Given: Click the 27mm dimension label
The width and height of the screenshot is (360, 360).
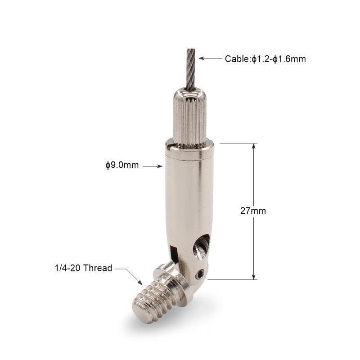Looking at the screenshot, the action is tap(253, 211).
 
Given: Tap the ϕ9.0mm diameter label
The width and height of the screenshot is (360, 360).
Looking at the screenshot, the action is tap(122, 165).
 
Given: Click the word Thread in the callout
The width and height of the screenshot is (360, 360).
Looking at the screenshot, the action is tap(98, 268).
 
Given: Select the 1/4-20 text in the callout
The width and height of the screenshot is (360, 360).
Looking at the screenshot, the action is tap(68, 268).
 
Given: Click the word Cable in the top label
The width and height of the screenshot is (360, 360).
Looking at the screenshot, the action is tap(237, 59).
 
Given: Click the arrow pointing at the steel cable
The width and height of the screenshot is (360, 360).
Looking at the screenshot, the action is tap(210, 58).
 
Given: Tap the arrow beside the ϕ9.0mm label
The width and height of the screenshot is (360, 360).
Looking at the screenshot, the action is tap(153, 166).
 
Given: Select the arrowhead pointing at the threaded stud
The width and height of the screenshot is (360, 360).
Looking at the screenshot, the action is tap(139, 283).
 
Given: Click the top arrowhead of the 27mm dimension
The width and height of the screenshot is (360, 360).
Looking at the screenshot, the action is tap(254, 147).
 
